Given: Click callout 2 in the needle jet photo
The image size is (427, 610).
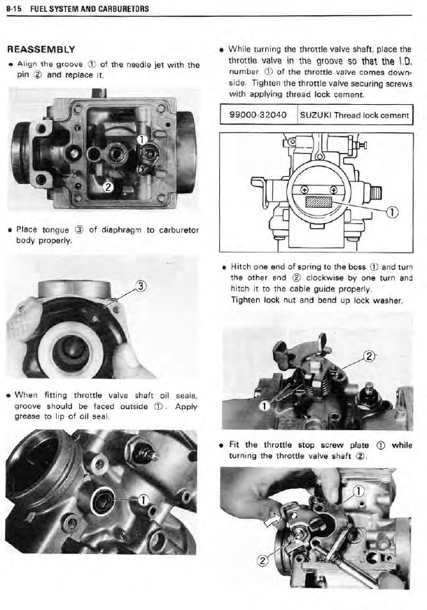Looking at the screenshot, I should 107,187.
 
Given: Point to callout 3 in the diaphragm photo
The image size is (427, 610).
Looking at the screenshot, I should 141,285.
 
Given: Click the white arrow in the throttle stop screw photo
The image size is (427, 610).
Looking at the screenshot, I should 270,520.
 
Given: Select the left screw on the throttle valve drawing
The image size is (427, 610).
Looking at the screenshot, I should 303,189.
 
